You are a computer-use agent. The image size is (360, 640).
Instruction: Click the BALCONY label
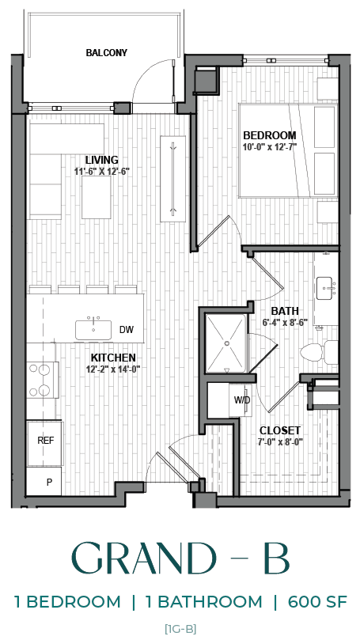[x=107, y=53]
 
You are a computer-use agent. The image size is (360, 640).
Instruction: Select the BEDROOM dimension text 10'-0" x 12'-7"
[x=270, y=146]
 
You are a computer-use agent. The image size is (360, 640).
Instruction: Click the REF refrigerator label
[x=46, y=440]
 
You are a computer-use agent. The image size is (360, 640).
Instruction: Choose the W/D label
[x=241, y=400]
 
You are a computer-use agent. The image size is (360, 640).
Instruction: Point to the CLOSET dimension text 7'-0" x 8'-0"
[x=281, y=441]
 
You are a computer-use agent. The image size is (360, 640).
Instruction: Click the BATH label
[x=284, y=311]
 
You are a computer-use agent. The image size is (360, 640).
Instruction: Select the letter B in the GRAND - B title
[x=276, y=559]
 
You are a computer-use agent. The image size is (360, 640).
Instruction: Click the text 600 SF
[x=316, y=602]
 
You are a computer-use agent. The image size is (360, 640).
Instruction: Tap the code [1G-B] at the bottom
[x=180, y=629]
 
